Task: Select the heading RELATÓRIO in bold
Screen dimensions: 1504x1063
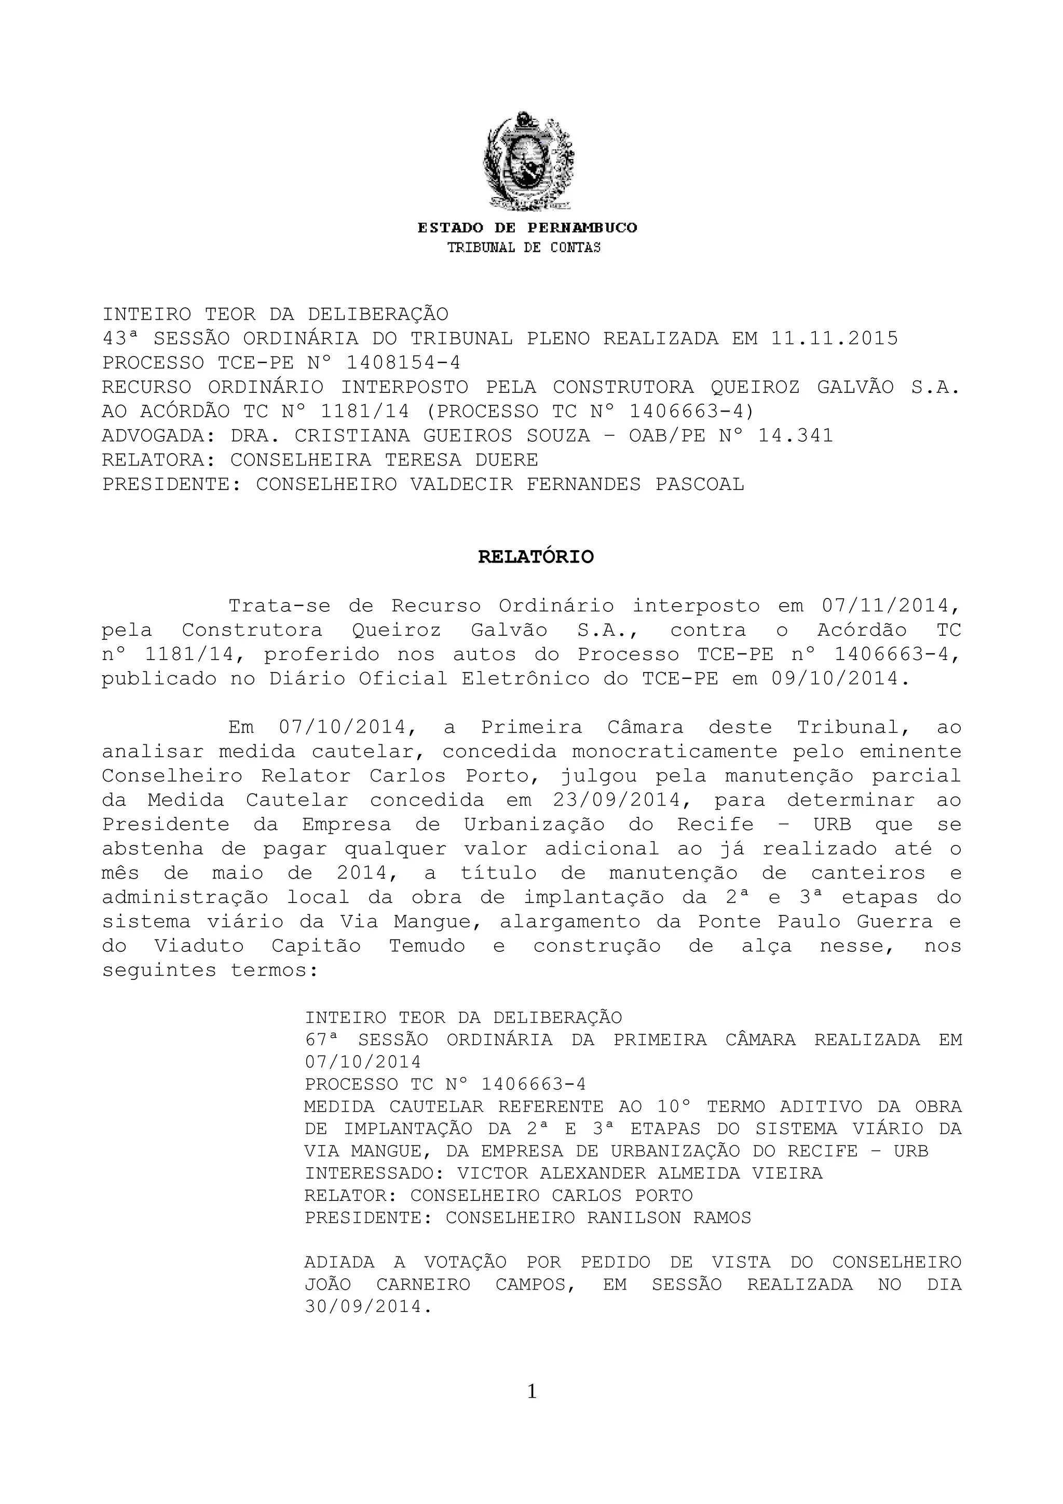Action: pos(535,557)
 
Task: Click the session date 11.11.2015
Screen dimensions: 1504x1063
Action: pos(835,339)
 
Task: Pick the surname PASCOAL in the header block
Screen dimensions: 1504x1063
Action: pos(700,484)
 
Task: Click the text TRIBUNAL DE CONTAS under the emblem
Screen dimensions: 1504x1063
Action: pos(523,248)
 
